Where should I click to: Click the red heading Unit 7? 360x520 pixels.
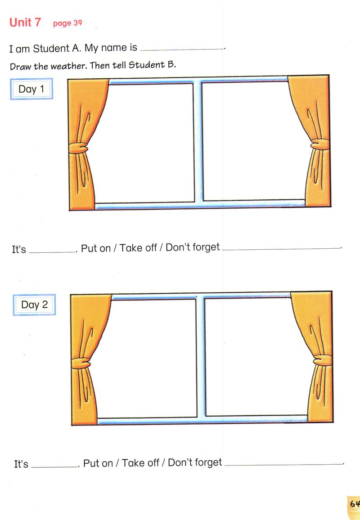pyautogui.click(x=25, y=22)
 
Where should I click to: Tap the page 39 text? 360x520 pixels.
pyautogui.click(x=67, y=23)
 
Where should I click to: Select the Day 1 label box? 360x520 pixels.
pyautogui.click(x=31, y=89)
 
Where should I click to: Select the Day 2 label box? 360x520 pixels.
pyautogui.click(x=34, y=305)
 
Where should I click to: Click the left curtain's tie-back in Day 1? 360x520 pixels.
pyautogui.click(x=79, y=148)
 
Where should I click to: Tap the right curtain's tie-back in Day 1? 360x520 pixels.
pyautogui.click(x=320, y=144)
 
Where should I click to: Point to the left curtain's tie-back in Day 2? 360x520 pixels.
pyautogui.click(x=81, y=363)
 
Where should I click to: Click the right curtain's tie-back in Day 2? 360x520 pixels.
pyautogui.click(x=323, y=360)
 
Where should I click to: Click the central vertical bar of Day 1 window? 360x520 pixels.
pyautogui.click(x=198, y=142)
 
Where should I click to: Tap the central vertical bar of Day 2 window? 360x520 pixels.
pyautogui.click(x=201, y=358)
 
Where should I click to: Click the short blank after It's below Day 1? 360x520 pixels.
pyautogui.click(x=52, y=252)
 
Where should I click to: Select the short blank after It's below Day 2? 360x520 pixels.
pyautogui.click(x=55, y=467)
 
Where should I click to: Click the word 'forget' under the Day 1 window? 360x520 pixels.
pyautogui.click(x=206, y=247)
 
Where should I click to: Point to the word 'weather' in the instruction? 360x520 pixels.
pyautogui.click(x=69, y=66)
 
